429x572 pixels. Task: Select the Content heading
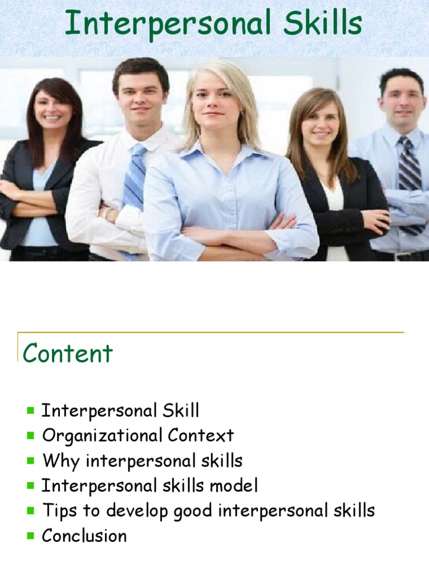coord(68,353)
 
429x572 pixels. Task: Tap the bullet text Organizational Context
coord(138,436)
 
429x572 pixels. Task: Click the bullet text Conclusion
coord(84,536)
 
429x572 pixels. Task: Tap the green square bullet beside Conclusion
coord(30,536)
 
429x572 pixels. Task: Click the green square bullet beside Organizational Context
coord(30,436)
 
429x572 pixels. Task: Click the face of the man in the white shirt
coord(140,95)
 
